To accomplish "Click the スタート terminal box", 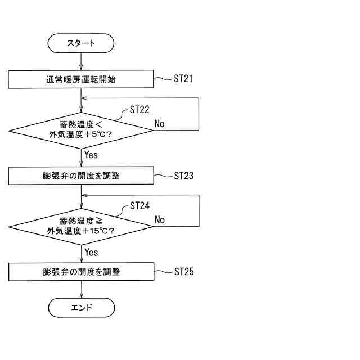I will (x=81, y=43).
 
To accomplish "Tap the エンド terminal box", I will (x=81, y=307).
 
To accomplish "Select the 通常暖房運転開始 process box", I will (x=81, y=79).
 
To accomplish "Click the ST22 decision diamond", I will (x=81, y=130).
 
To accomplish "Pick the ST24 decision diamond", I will (x=81, y=226).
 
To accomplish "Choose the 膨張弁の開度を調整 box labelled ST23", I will (x=81, y=175).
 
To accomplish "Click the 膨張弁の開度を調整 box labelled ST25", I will (x=81, y=272).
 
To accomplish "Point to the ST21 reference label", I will (x=183, y=79).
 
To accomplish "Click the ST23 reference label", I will (x=183, y=175).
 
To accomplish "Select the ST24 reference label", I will (x=139, y=206).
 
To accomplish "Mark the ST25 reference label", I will (x=183, y=272).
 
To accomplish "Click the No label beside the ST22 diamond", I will (x=160, y=123).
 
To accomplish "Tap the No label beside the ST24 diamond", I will (x=160, y=219).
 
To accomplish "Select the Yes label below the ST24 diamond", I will (x=91, y=252).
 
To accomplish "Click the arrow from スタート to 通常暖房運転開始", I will (x=82, y=61).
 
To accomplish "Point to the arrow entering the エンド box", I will (x=82, y=289).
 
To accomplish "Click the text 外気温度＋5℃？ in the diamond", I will (x=81, y=135).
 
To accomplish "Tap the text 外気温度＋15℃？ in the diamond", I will (x=81, y=231).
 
